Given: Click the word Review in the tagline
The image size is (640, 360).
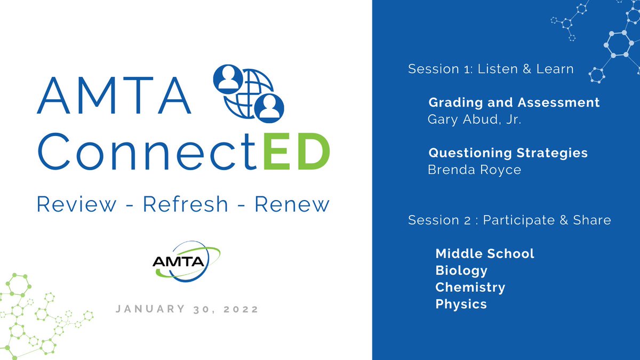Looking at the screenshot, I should pos(77,204).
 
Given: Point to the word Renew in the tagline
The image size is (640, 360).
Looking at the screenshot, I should pos(291,204).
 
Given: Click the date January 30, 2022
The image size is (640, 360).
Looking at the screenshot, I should pos(187,309).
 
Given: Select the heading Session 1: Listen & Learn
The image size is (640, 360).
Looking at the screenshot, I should pos(491,69).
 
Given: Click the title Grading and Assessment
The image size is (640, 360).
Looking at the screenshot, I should pos(514,102).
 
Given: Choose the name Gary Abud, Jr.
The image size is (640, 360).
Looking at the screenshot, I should pos(474,119).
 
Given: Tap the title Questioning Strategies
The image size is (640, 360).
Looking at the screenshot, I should pos(508,153).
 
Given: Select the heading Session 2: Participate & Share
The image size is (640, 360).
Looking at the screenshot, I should pos(509,220).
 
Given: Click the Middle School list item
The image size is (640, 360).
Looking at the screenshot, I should pos(485,253).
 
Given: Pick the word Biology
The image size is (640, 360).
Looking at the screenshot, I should pos(461,270).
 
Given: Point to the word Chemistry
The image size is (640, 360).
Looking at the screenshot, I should pos(470,287).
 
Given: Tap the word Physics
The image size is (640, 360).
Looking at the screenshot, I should pos(461,305).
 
